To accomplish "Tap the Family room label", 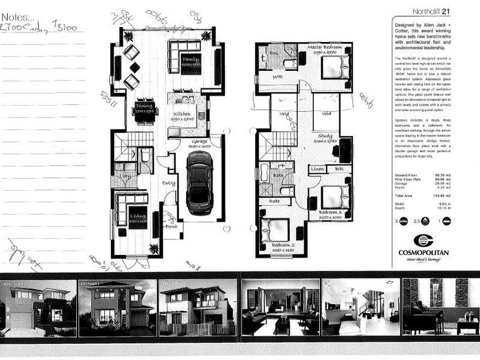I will [x=191, y=59].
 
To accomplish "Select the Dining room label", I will [x=145, y=106].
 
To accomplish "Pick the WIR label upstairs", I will [x=278, y=77].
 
